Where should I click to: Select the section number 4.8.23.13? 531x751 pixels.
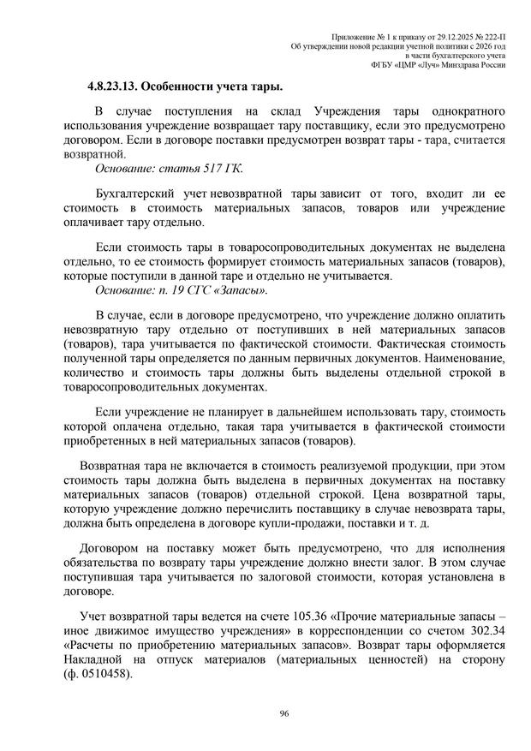coord(111,86)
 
